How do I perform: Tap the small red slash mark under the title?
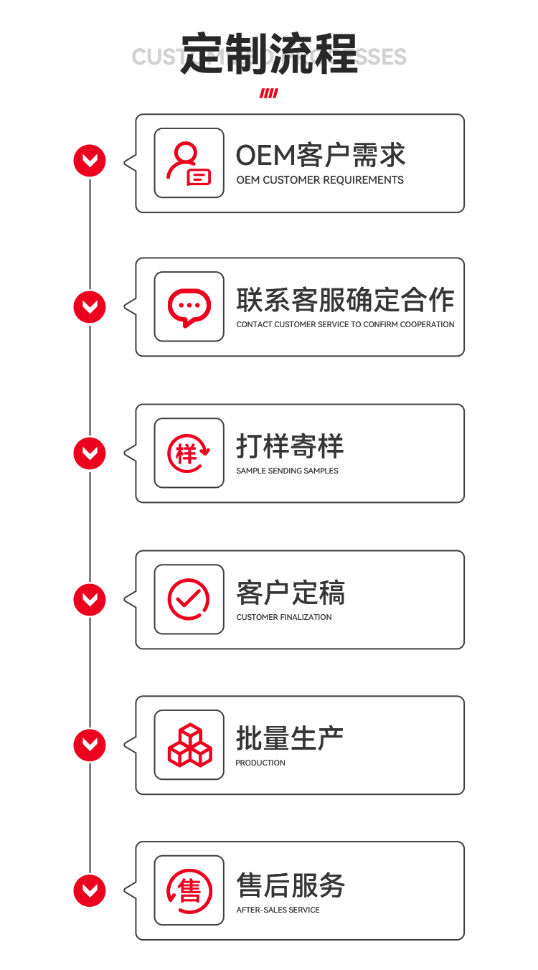pyautogui.click(x=268, y=93)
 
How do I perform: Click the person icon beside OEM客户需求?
pyautogui.click(x=189, y=163)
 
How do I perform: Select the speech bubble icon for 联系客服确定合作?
pyautogui.click(x=189, y=307)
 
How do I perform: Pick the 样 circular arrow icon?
pyautogui.click(x=189, y=453)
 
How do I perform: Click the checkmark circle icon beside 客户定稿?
pyautogui.click(x=189, y=599)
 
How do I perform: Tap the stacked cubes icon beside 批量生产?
pyautogui.click(x=189, y=745)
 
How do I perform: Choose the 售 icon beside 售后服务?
pyautogui.click(x=189, y=890)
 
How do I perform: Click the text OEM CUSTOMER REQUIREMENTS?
pyautogui.click(x=320, y=180)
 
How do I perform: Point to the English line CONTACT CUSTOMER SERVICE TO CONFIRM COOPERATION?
pyautogui.click(x=345, y=324)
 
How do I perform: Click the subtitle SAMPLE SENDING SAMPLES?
pyautogui.click(x=287, y=471)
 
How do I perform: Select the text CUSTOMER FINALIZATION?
pyautogui.click(x=284, y=617)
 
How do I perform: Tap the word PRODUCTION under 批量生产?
pyautogui.click(x=260, y=763)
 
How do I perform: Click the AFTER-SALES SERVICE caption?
pyautogui.click(x=278, y=910)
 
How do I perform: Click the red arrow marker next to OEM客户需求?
pyautogui.click(x=90, y=161)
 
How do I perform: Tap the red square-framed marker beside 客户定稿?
pyautogui.click(x=90, y=599)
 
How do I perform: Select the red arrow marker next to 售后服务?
pyautogui.click(x=90, y=891)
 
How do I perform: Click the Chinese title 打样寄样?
pyautogui.click(x=290, y=446)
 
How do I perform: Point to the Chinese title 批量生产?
pyautogui.click(x=290, y=738)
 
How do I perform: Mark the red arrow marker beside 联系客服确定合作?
pyautogui.click(x=90, y=307)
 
